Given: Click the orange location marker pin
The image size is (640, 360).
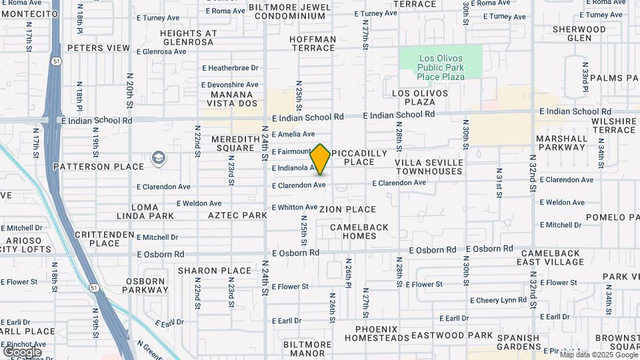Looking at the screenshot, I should point(320,159).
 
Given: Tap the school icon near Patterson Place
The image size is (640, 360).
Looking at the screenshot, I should point(159,158).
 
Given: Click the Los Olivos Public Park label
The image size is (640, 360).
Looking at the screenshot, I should point(441,67).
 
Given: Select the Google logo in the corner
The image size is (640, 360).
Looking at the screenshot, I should point(22,351).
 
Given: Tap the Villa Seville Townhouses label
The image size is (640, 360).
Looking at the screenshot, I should point(429,167).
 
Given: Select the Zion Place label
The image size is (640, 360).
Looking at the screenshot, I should point(347,209).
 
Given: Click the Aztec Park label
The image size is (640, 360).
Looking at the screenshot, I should point(237,215).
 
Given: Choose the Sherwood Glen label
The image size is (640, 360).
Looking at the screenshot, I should point(579,33).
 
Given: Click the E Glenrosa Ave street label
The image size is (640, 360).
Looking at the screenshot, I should point(165,51).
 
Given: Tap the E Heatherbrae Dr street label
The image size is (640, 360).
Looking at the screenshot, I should point(229,68).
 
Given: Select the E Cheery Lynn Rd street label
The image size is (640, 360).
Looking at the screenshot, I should point(498,301).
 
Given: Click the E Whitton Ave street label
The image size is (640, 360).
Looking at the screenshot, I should point(294,207).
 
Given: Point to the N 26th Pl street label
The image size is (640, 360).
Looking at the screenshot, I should point(348,271).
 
